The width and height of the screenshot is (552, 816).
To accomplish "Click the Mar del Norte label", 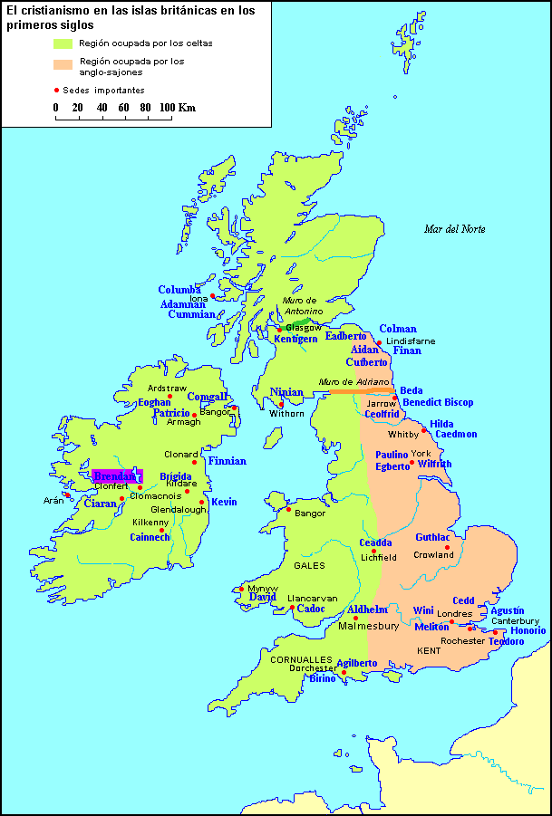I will click(454, 229).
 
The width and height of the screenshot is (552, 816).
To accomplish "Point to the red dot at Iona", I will click(213, 295).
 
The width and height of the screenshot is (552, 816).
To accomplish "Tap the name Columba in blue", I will click(179, 291).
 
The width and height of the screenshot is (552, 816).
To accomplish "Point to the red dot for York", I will click(412, 463).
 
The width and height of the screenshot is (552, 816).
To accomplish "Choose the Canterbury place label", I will click(516, 621).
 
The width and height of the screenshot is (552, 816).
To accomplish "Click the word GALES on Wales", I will click(309, 565).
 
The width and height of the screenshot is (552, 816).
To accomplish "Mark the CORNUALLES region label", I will click(301, 659).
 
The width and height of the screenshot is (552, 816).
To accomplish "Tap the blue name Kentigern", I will click(295, 339).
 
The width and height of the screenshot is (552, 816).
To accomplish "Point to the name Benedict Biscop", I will click(438, 402).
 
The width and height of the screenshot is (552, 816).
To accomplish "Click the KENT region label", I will click(429, 650).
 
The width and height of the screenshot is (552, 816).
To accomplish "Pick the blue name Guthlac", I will click(434, 537).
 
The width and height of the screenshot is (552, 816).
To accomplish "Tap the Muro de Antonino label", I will click(301, 305).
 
